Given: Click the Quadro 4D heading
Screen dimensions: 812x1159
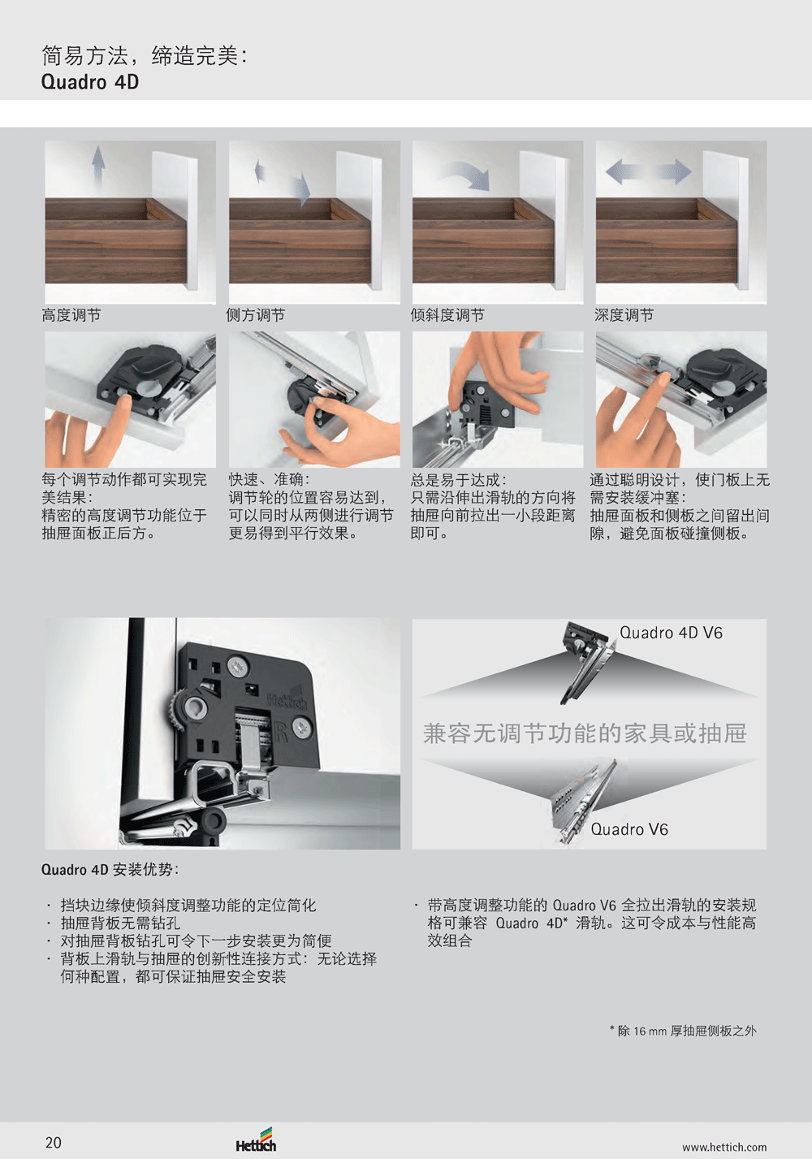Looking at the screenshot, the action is tap(90, 82).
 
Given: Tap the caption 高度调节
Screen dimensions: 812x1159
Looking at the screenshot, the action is tap(71, 314).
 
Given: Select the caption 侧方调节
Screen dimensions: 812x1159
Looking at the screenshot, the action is tap(255, 314).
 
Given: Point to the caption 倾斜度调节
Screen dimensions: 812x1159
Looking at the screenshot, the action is tap(447, 314).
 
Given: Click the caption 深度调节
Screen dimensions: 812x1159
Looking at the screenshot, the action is tap(624, 314).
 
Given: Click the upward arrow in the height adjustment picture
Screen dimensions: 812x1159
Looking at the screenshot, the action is tap(98, 166).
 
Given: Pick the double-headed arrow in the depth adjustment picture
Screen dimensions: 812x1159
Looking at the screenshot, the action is tap(648, 171).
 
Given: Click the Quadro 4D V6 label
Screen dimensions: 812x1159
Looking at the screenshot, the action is tap(671, 633).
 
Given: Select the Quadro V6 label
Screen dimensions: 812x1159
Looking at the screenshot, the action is tap(629, 829).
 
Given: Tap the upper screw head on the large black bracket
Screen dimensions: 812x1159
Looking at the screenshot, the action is tap(239, 667).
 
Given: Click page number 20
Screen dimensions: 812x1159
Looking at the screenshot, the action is tap(54, 1143).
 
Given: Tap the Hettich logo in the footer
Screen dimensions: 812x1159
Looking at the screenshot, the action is tap(256, 1140).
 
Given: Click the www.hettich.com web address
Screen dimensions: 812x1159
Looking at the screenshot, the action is tap(724, 1147).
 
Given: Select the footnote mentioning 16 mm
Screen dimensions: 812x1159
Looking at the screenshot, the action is tap(683, 1031).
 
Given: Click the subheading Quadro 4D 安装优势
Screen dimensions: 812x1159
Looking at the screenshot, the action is tap(110, 870).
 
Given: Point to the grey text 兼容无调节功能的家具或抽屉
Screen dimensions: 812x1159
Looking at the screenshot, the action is tap(585, 733).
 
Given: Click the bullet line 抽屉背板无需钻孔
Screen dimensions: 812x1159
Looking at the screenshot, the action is tap(120, 923).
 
